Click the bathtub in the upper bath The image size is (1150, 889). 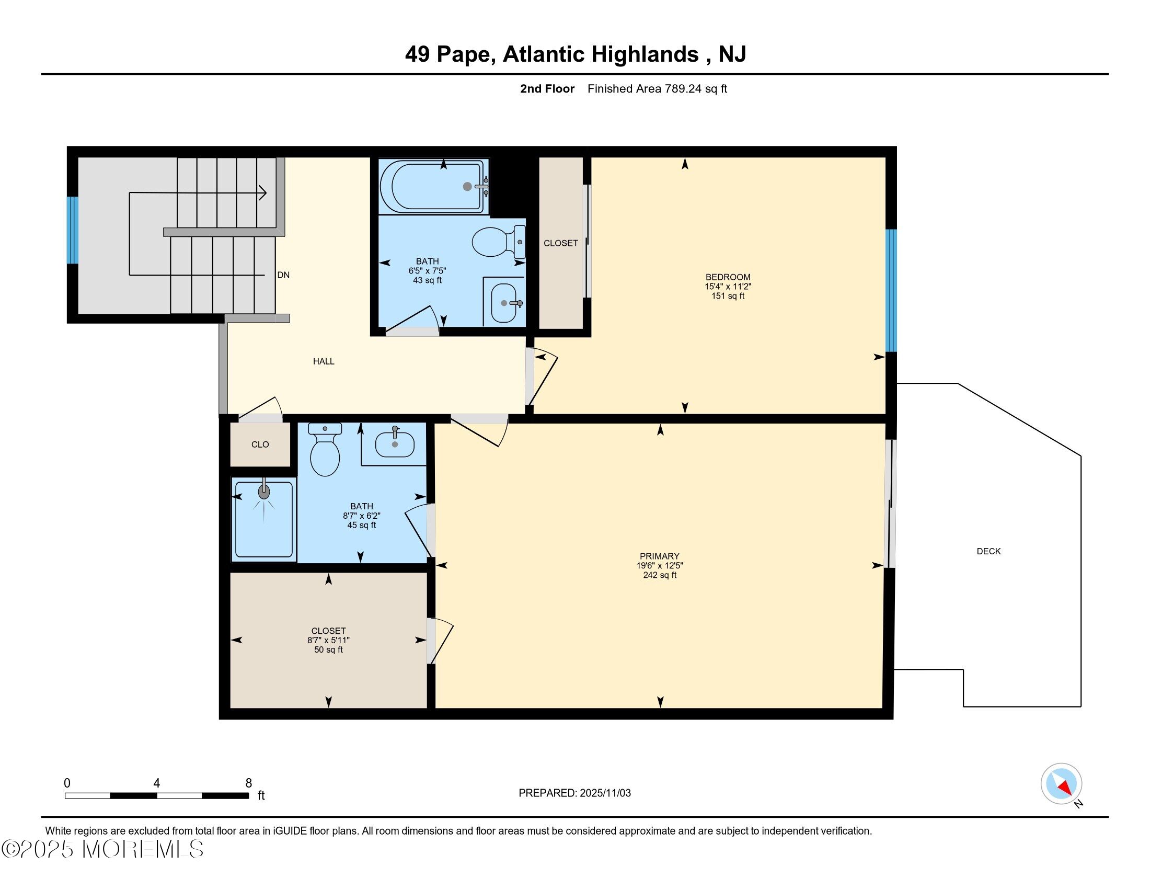tap(434, 187)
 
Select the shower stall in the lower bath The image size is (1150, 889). tap(264, 519)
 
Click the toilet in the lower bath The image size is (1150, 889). tap(325, 449)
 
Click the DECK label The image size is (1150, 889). tap(988, 551)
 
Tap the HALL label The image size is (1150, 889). tap(323, 361)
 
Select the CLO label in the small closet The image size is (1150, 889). tap(260, 444)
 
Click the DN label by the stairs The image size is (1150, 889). tap(283, 275)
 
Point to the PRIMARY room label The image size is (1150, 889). tap(659, 556)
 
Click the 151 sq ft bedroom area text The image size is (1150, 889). tap(728, 296)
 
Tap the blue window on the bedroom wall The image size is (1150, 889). tap(891, 290)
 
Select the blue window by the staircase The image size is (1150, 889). tap(73, 230)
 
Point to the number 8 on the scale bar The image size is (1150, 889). tap(248, 783)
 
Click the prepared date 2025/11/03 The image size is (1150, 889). tap(604, 793)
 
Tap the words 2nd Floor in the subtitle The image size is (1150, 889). tap(547, 88)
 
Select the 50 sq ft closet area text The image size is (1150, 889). tap(328, 650)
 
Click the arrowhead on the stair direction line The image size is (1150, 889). tap(263, 193)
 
